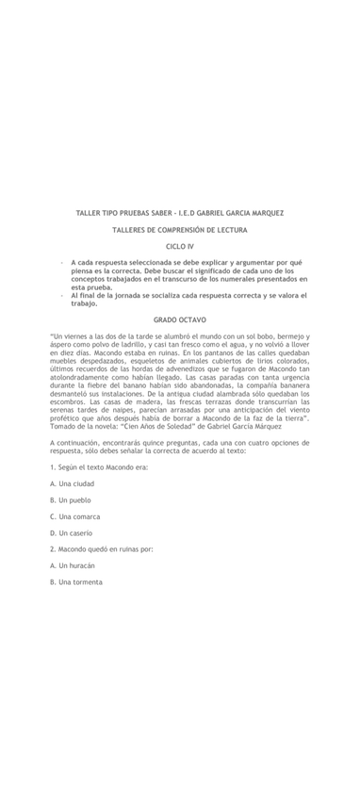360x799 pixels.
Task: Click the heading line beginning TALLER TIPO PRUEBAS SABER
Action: [x=179, y=213]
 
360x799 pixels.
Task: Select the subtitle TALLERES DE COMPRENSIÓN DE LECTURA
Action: [x=179, y=230]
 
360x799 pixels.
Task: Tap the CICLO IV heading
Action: [x=179, y=246]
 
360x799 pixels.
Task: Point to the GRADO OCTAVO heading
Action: [x=179, y=320]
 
